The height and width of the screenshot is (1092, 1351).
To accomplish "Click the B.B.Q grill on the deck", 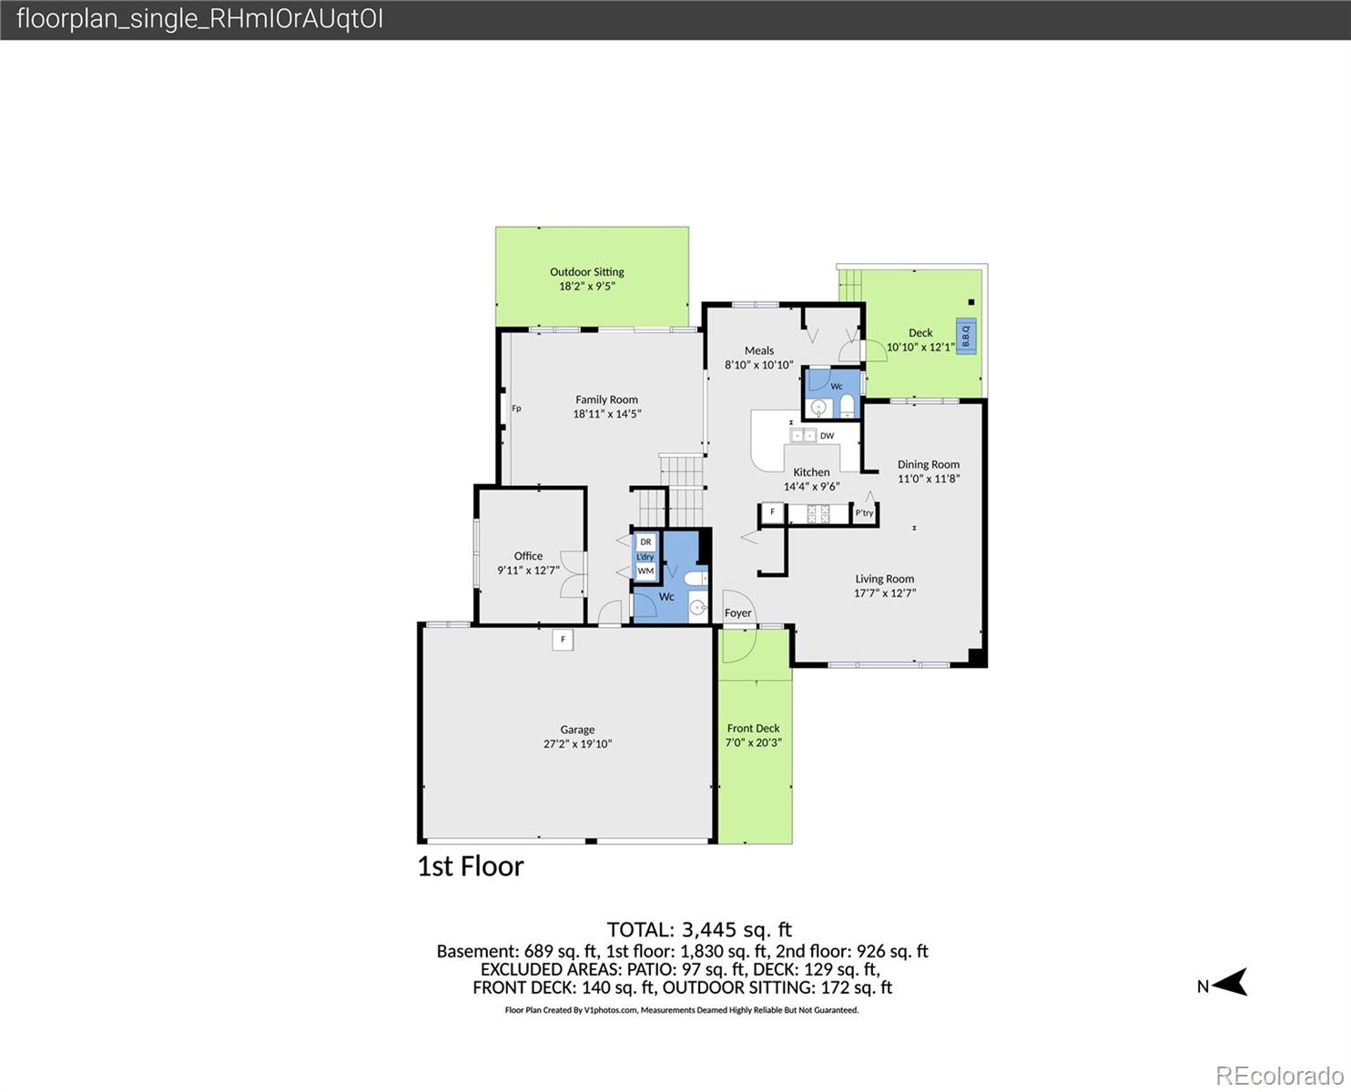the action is [x=966, y=335].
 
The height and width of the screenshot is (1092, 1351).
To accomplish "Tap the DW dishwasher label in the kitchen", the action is [x=828, y=435].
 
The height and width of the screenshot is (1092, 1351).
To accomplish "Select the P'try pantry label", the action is [x=864, y=512].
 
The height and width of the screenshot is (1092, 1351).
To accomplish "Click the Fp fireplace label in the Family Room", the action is [x=516, y=409].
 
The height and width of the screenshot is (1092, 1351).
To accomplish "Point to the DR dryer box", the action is [x=645, y=541].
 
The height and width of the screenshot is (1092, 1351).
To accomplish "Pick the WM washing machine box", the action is [x=645, y=571].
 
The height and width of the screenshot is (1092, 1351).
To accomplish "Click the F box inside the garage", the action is [x=563, y=640].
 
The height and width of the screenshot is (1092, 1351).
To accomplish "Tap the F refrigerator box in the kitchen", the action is [x=773, y=512].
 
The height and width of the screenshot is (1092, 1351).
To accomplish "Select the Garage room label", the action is [x=577, y=730].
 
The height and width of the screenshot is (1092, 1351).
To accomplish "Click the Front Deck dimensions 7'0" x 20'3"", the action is [x=754, y=743].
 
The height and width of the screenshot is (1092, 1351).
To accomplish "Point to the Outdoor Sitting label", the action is [x=586, y=272].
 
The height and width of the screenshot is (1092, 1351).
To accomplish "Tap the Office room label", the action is [x=528, y=556].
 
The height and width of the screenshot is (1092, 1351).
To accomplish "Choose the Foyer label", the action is [x=737, y=612].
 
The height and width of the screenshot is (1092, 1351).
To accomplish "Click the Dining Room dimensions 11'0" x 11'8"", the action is [x=929, y=479].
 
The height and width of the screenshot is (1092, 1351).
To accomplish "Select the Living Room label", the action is [x=884, y=579].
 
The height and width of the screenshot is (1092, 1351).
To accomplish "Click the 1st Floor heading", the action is [x=471, y=866].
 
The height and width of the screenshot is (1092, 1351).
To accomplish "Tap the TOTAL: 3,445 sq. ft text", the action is [x=699, y=929].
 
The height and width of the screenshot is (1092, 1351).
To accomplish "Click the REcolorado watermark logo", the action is [x=1279, y=1076].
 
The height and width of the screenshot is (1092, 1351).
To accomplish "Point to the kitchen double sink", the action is [x=803, y=435].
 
